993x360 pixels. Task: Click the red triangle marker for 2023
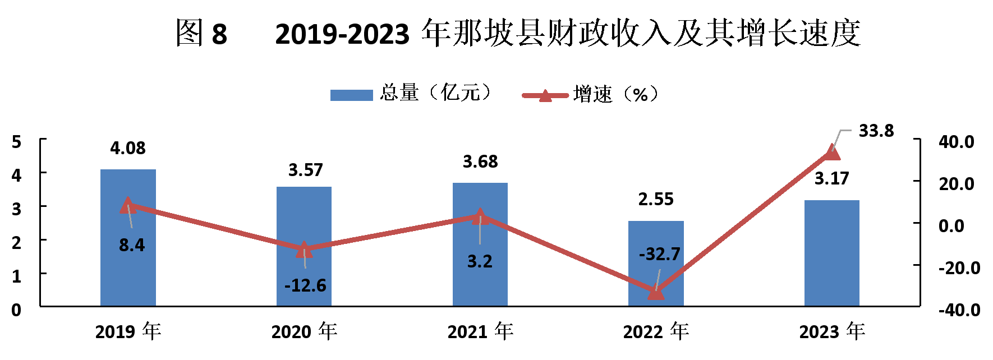click(x=833, y=151)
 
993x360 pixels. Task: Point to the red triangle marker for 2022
click(x=656, y=292)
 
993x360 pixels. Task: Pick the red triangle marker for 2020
click(x=304, y=249)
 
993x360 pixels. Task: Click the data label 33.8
click(x=876, y=131)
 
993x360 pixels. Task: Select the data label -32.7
click(x=659, y=254)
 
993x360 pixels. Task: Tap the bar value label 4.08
click(x=128, y=148)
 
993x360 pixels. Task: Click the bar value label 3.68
click(x=480, y=161)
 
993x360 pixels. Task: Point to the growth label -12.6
click(x=305, y=285)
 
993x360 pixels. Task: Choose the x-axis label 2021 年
click(x=480, y=331)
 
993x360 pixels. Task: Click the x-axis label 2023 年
click(x=832, y=331)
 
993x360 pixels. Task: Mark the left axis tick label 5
click(x=17, y=142)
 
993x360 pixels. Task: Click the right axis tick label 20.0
click(x=957, y=184)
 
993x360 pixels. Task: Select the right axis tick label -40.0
click(x=959, y=310)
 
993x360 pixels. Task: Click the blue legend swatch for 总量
click(x=351, y=95)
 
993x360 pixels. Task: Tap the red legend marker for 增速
click(x=545, y=95)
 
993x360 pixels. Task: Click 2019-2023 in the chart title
click(x=342, y=34)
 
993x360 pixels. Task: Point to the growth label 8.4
click(x=132, y=245)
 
